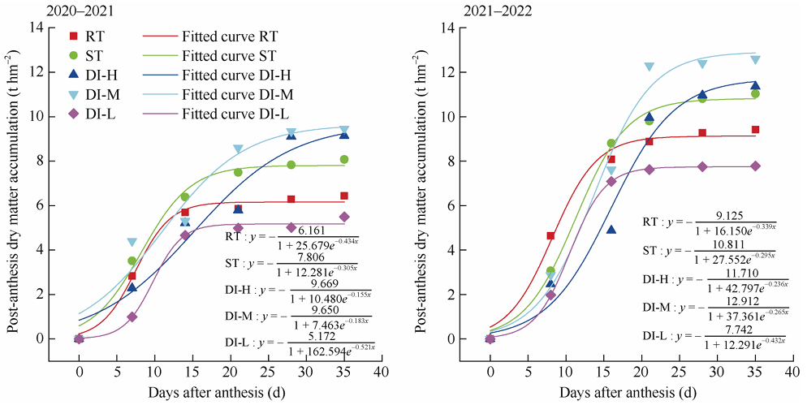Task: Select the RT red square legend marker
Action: click(x=76, y=37)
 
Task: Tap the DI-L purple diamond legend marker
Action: click(x=76, y=114)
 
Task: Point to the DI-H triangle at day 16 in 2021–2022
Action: click(x=611, y=230)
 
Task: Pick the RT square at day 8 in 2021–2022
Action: click(x=551, y=235)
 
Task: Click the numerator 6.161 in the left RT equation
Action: click(x=316, y=231)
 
